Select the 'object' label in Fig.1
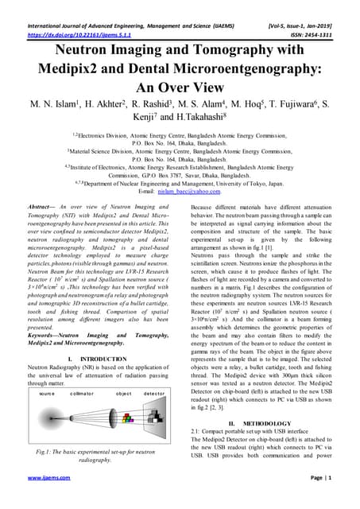point(123,393)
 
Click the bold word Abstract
point(41,206)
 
